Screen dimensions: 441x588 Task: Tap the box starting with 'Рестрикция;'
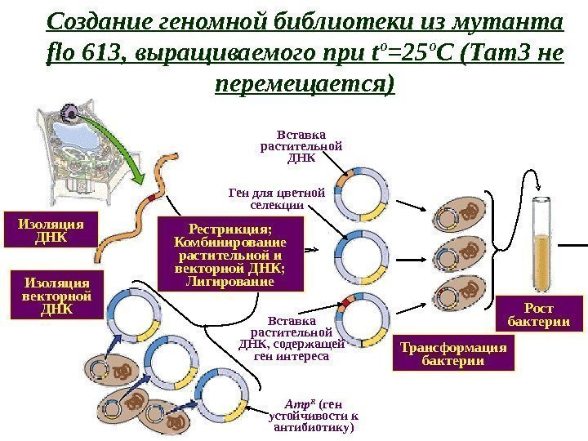(231, 254)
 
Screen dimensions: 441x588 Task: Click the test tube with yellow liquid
(543, 245)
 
